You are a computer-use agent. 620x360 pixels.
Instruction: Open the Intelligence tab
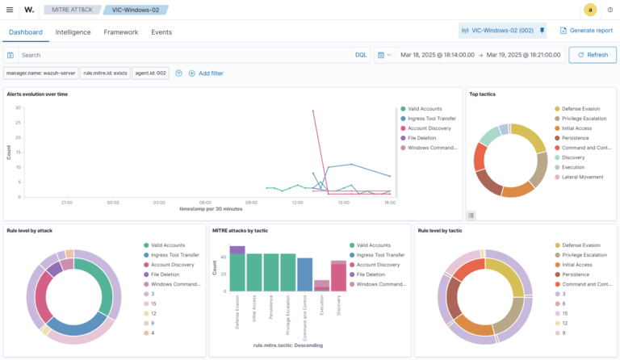click(73, 32)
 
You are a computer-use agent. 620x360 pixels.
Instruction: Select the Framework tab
click(120, 32)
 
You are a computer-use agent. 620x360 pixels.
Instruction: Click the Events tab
click(161, 32)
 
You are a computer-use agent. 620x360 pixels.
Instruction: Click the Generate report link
click(586, 30)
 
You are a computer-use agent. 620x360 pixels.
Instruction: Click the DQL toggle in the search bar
click(361, 55)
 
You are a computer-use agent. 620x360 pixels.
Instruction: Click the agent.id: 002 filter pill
click(150, 73)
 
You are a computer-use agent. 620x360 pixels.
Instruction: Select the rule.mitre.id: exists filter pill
click(105, 73)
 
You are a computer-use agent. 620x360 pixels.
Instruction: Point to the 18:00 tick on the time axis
click(389, 203)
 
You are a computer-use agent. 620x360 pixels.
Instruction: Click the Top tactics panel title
click(483, 94)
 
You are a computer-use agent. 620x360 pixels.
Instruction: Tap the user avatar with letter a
click(590, 10)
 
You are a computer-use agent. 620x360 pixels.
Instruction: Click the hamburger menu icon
click(10, 10)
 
